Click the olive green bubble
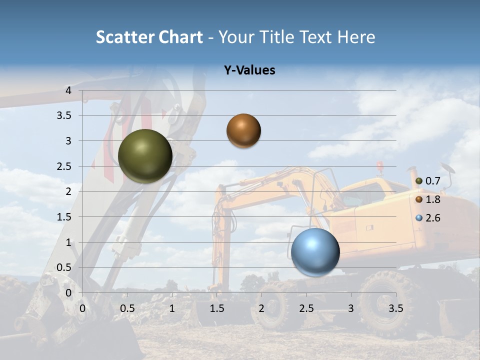click(145, 156)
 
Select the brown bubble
click(243, 130)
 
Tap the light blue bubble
click(315, 252)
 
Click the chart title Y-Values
click(249, 70)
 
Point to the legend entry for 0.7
click(428, 181)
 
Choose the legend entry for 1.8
click(428, 199)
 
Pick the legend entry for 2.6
click(428, 218)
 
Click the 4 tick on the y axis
click(69, 90)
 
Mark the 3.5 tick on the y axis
click(65, 115)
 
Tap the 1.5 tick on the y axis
click(65, 217)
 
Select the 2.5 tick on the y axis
click(65, 166)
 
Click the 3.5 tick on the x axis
click(396, 308)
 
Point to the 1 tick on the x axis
click(172, 308)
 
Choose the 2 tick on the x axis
click(261, 308)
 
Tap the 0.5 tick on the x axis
click(127, 308)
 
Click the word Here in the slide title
click(356, 37)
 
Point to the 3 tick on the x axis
click(351, 308)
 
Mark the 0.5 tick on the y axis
click(65, 267)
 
